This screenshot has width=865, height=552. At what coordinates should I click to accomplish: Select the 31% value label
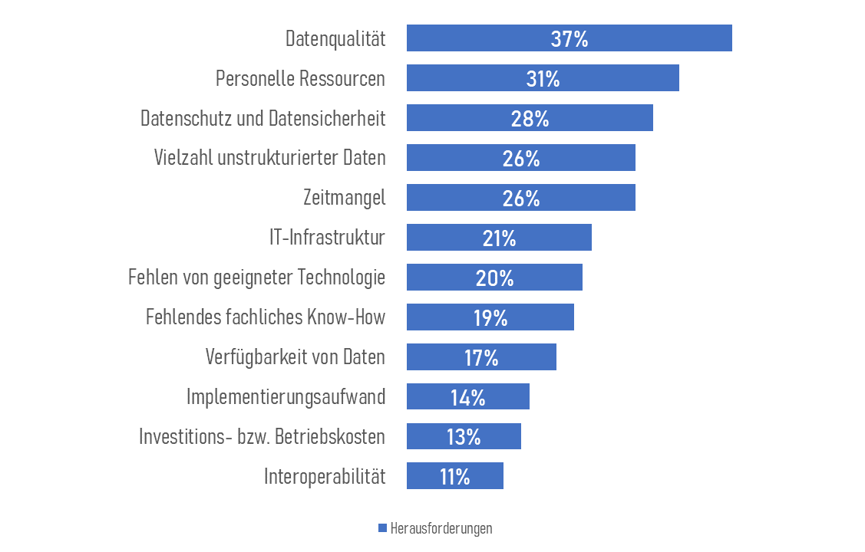pyautogui.click(x=543, y=78)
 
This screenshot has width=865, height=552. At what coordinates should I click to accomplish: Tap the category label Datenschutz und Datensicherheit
pyautogui.click(x=262, y=119)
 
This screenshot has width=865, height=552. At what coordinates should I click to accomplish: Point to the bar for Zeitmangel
pyautogui.click(x=591, y=198)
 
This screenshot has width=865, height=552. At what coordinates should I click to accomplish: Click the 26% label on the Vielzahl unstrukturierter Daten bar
pyautogui.click(x=521, y=159)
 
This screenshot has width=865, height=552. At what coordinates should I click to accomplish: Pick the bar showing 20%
pyautogui.click(x=545, y=278)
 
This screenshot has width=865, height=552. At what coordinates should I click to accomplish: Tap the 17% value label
pyautogui.click(x=481, y=357)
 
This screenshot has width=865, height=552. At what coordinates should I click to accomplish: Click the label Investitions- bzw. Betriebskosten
pyautogui.click(x=262, y=437)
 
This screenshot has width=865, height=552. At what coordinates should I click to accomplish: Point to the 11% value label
pyautogui.click(x=454, y=477)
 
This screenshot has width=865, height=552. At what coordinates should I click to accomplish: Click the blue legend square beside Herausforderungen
pyautogui.click(x=382, y=529)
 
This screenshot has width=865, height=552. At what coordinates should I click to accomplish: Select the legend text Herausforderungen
pyautogui.click(x=441, y=529)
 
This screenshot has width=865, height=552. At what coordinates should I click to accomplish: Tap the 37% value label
pyautogui.click(x=569, y=39)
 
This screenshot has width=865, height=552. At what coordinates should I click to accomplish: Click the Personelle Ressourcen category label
pyautogui.click(x=300, y=79)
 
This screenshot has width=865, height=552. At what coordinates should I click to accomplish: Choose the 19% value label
pyautogui.click(x=490, y=317)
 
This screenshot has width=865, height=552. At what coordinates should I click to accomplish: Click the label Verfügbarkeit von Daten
pyautogui.click(x=295, y=357)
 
